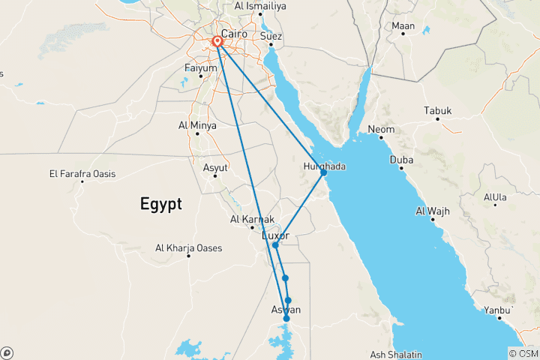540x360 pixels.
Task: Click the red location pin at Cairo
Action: pos(217,41)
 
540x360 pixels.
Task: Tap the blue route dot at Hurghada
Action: pos(323,172)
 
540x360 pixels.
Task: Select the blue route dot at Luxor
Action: pos(275,245)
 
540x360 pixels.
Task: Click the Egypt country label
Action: pos(160,203)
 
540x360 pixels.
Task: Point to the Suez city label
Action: pos(271,35)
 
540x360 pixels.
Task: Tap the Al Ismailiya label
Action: pos(259,6)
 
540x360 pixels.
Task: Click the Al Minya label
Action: pos(197,125)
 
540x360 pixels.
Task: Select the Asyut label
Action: pos(215,167)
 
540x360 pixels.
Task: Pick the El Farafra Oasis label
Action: pos(82,174)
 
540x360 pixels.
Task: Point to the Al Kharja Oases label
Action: pos(188,247)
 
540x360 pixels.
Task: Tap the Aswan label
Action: pos(285,310)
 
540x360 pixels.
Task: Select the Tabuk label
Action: pos(438,111)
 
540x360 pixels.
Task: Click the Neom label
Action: pos(380,130)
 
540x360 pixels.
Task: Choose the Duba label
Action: pos(401,160)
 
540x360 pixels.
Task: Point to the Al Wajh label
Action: pos(433,211)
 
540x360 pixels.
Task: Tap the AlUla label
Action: pos(496,197)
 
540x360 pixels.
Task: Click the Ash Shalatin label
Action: pos(397,354)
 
